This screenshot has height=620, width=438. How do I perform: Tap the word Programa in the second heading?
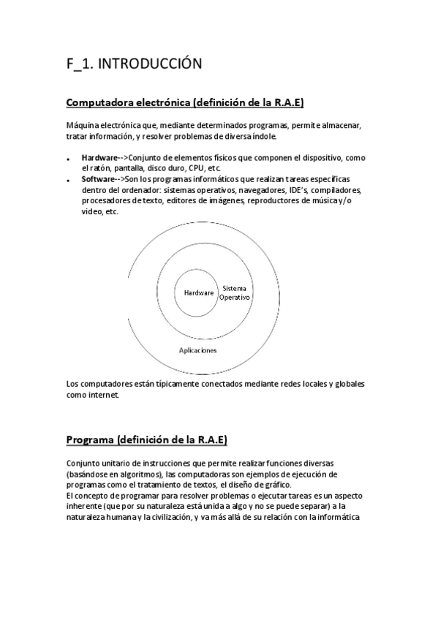click(91, 439)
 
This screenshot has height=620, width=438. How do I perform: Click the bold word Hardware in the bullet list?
click(99, 158)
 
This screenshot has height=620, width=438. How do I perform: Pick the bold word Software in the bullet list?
click(98, 179)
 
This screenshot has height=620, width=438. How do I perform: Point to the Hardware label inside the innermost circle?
click(199, 292)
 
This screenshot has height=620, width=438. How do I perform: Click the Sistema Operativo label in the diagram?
click(235, 293)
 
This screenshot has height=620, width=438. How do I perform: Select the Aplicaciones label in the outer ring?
click(197, 350)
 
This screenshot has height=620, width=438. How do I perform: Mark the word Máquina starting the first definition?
click(82, 125)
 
